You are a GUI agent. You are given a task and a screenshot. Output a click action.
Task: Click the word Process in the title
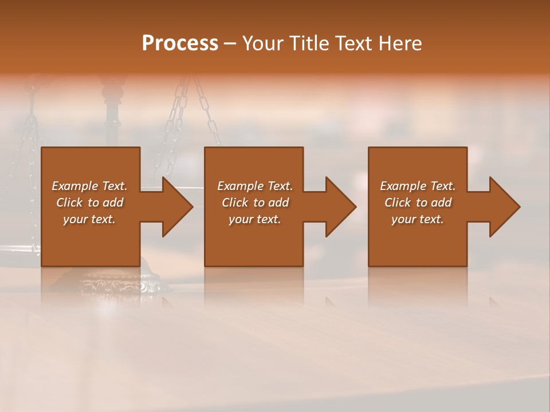[180, 43]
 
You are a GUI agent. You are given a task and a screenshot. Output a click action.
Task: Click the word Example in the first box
[74, 186]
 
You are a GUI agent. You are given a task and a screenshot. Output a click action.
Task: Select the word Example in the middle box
[240, 186]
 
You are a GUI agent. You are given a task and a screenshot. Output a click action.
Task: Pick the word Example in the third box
[403, 186]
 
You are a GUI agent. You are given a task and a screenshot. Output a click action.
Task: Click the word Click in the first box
[69, 203]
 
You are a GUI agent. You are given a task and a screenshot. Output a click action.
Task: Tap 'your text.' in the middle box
[254, 219]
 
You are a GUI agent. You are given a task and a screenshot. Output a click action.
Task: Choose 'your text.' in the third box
[417, 219]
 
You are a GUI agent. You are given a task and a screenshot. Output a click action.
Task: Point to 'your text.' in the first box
[89, 219]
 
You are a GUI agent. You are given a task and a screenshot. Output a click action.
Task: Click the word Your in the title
[263, 43]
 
